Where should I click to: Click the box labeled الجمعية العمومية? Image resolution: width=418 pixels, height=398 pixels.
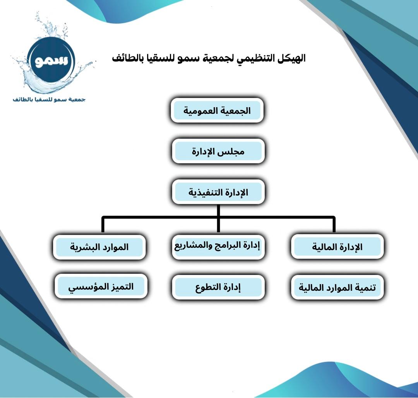click(x=217, y=110)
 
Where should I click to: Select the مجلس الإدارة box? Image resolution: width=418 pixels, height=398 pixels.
click(x=218, y=151)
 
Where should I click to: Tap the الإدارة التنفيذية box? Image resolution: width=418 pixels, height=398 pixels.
click(x=218, y=192)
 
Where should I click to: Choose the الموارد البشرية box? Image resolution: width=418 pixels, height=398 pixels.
click(x=99, y=247)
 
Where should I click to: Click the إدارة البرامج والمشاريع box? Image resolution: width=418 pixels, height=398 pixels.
click(x=218, y=247)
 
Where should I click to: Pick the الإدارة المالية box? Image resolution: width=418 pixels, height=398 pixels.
click(x=337, y=247)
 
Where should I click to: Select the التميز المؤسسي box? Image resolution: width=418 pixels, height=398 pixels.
click(x=101, y=286)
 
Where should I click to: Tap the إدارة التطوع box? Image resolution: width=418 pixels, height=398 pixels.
click(x=218, y=287)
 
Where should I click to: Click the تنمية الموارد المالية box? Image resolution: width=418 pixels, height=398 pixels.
click(x=337, y=287)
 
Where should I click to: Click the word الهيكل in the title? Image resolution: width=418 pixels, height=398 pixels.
click(x=292, y=58)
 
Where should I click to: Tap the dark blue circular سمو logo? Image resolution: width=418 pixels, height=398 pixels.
click(x=51, y=60)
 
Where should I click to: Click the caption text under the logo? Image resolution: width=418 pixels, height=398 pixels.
click(x=49, y=99)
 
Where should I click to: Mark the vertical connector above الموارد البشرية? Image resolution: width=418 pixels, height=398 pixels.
click(x=103, y=225)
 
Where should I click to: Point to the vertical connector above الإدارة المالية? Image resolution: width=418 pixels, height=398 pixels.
click(x=334, y=225)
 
